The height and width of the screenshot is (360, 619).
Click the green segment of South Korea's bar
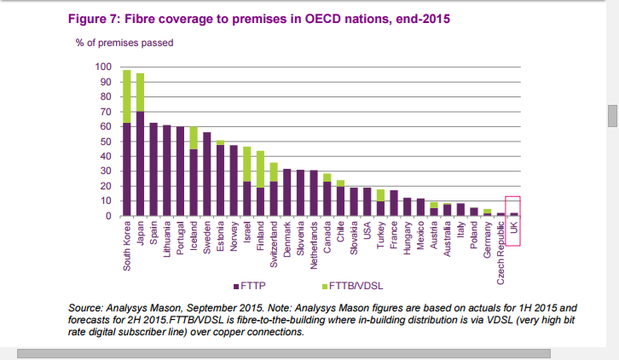point(126,96)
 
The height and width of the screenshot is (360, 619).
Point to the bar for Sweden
point(207,174)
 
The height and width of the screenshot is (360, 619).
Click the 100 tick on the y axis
point(103,67)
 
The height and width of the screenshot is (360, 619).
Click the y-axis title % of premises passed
point(125,42)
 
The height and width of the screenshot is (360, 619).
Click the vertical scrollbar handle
point(612,115)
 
